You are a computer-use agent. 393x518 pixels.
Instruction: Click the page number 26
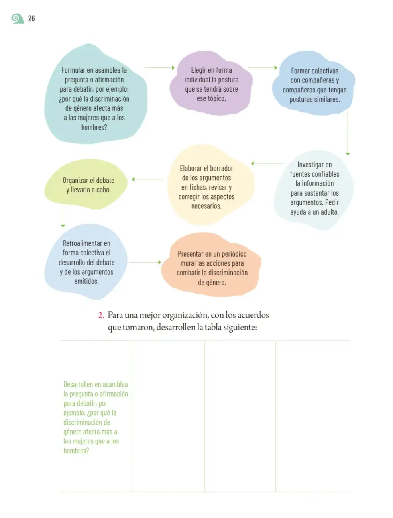click(x=31, y=18)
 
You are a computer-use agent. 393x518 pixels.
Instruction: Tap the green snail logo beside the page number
click(x=18, y=18)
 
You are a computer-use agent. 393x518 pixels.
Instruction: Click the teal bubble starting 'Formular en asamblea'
click(x=96, y=94)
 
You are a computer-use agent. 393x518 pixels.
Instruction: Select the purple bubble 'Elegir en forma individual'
click(x=211, y=83)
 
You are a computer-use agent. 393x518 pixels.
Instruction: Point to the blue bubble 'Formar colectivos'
click(x=313, y=83)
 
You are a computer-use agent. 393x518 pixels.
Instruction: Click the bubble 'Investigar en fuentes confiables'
click(x=314, y=190)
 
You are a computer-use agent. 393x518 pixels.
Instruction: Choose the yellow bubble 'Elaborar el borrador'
click(x=210, y=185)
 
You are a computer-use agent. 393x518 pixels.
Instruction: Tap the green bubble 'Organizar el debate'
click(x=86, y=184)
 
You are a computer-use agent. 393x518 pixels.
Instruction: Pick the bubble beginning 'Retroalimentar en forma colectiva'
click(x=86, y=262)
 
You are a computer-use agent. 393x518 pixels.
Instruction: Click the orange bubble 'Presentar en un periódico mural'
click(x=212, y=265)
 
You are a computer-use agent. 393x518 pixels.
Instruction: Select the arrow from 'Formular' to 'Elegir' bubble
click(x=160, y=67)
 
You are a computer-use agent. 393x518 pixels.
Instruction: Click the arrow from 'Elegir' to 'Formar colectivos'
click(x=263, y=67)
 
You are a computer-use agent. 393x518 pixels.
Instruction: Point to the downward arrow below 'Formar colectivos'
click(x=348, y=133)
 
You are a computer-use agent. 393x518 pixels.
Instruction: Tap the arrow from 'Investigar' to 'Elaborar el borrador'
click(x=267, y=163)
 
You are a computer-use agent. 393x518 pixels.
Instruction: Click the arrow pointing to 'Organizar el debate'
click(x=147, y=179)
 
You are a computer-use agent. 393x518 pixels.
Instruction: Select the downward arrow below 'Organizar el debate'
click(x=63, y=217)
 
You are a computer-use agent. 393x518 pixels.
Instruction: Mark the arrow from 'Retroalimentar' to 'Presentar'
click(x=145, y=262)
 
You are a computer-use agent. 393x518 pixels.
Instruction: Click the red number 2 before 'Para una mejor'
click(x=101, y=315)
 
